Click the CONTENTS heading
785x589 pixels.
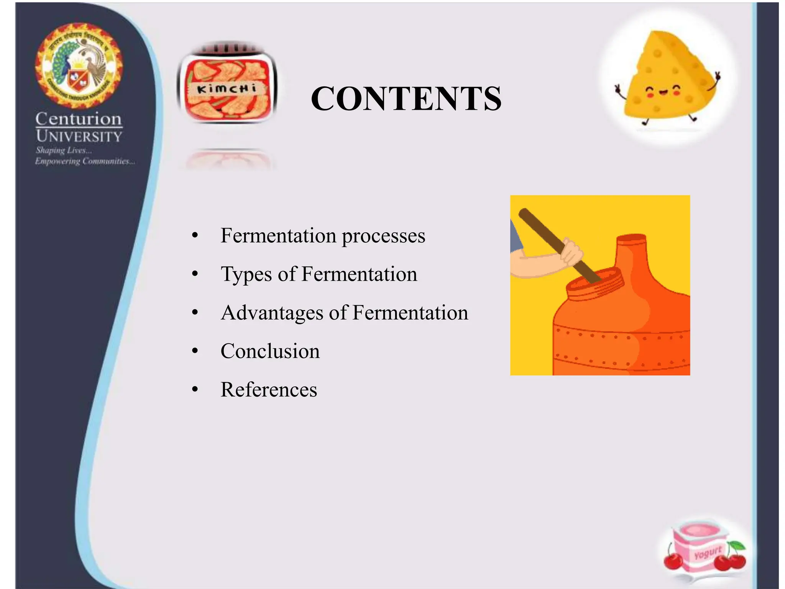406,99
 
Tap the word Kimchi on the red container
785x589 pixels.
226,89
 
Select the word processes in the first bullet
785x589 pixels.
383,236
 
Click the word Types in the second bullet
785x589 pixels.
246,275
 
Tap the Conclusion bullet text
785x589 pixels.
270,351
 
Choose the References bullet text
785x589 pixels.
269,390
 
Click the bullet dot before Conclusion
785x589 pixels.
195,351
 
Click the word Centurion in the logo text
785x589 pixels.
79,119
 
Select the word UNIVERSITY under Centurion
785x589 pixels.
79,136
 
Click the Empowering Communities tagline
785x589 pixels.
85,161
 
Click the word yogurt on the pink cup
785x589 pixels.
707,553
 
